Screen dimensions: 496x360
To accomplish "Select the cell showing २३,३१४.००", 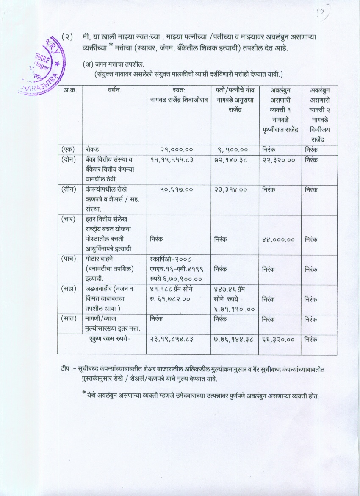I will pyautogui.click(x=231, y=190).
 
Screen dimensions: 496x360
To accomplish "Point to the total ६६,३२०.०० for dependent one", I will pyautogui.click(x=278, y=339).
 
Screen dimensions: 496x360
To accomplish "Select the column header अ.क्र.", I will pyautogui.click(x=69, y=90).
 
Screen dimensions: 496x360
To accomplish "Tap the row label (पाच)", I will pyautogui.click(x=69, y=258).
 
